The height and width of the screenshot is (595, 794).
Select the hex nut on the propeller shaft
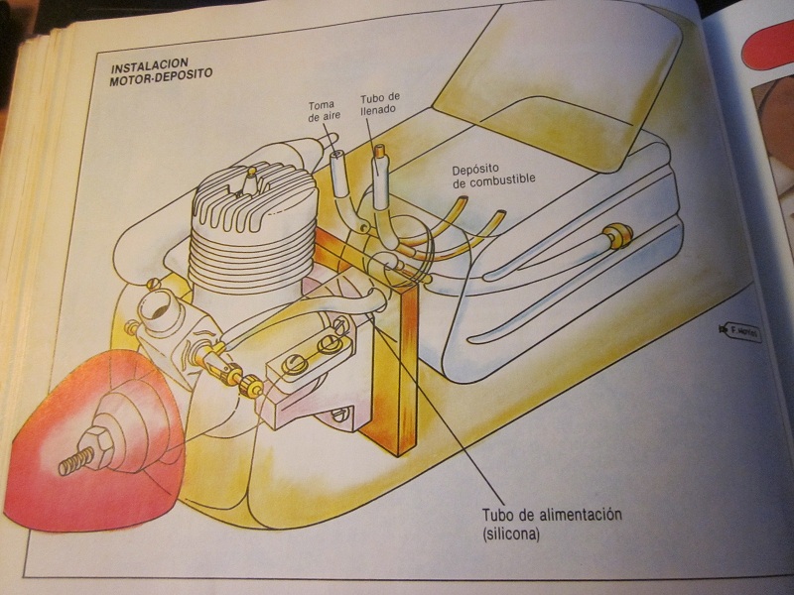pos(102,447)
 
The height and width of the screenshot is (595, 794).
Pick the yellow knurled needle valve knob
pos(236,375)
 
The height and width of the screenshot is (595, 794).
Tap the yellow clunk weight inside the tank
pos(619,235)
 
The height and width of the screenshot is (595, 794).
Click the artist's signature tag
pos(742,333)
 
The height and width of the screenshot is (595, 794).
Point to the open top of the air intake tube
pos(338,157)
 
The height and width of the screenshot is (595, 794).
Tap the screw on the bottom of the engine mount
pos(339,414)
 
